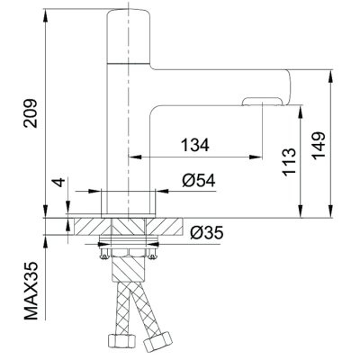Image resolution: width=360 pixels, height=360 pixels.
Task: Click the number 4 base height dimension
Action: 59,183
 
